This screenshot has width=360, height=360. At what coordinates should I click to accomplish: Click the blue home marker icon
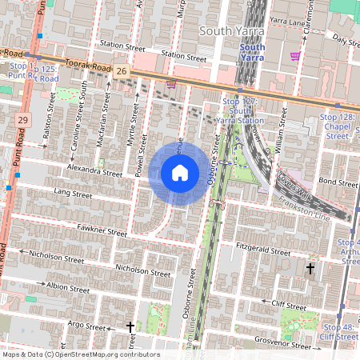click(180, 173)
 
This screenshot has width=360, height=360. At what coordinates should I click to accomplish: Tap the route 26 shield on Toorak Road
click(121, 72)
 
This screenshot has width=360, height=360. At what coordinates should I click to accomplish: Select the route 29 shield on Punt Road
click(22, 119)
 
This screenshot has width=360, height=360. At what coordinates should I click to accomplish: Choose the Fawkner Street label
click(101, 232)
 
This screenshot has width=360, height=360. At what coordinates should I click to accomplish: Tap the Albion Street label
click(68, 287)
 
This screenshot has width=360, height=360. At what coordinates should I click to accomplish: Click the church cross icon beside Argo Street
click(130, 327)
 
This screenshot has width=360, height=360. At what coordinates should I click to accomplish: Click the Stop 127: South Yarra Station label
click(242, 111)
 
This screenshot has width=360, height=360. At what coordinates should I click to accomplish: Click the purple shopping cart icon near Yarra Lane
click(295, 56)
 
